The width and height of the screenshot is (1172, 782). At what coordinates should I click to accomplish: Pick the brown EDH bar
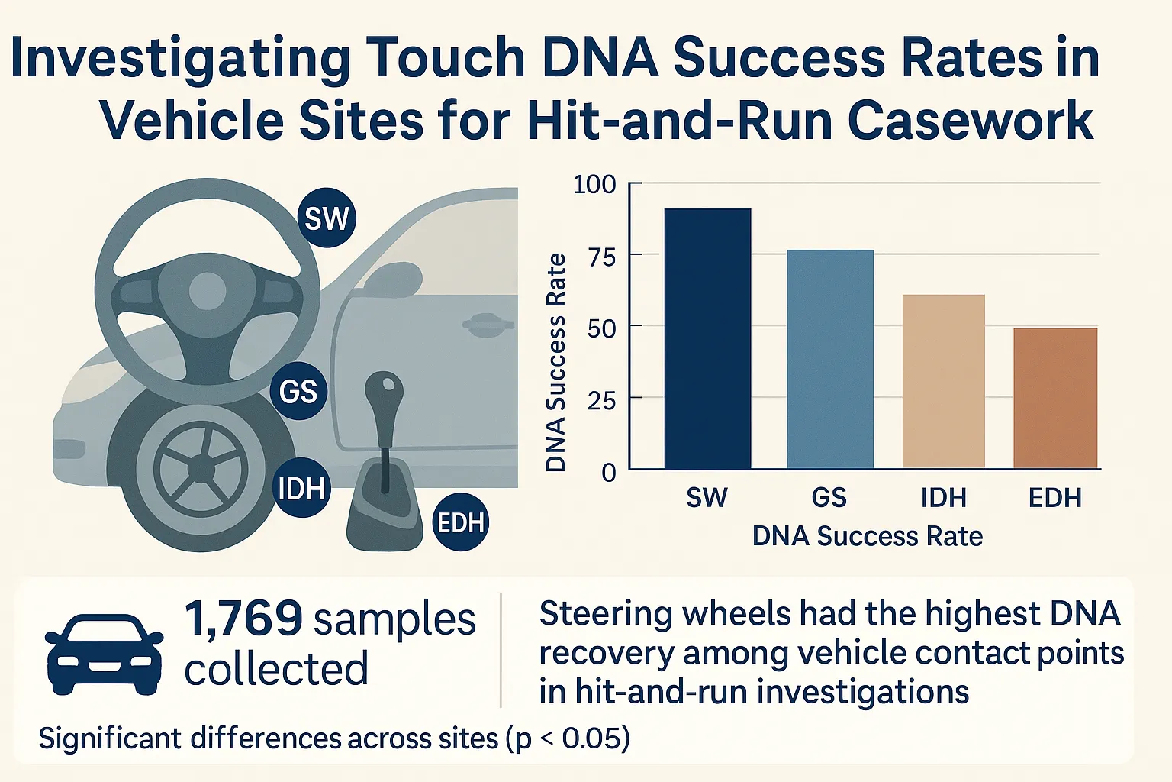[x=1055, y=398]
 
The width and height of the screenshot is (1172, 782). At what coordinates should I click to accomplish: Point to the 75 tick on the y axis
[x=600, y=257]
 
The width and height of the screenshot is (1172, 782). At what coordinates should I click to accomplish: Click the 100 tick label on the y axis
[x=594, y=185]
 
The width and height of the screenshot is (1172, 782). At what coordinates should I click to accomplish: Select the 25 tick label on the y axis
[x=600, y=400]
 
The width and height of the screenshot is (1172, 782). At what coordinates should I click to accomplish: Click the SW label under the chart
[x=707, y=498]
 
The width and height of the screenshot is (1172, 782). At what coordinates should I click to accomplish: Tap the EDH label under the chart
[x=1055, y=498]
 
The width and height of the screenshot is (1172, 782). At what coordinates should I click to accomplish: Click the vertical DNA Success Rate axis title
[x=556, y=362]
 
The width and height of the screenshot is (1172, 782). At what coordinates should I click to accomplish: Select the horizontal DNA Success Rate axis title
[x=867, y=536]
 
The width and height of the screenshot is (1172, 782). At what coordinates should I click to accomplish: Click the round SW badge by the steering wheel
[x=327, y=218]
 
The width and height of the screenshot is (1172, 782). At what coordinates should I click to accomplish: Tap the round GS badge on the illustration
[x=298, y=391]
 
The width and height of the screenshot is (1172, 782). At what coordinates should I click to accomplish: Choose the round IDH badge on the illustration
[x=302, y=488]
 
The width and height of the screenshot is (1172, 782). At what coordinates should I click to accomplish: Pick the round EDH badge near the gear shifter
[x=460, y=522]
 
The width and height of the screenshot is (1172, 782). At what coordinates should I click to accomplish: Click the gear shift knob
[x=384, y=391]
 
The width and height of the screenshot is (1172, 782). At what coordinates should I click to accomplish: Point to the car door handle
[x=487, y=324]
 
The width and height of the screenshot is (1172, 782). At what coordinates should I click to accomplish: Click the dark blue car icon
[x=104, y=653]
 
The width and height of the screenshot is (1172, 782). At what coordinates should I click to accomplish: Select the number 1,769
[x=243, y=618]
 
